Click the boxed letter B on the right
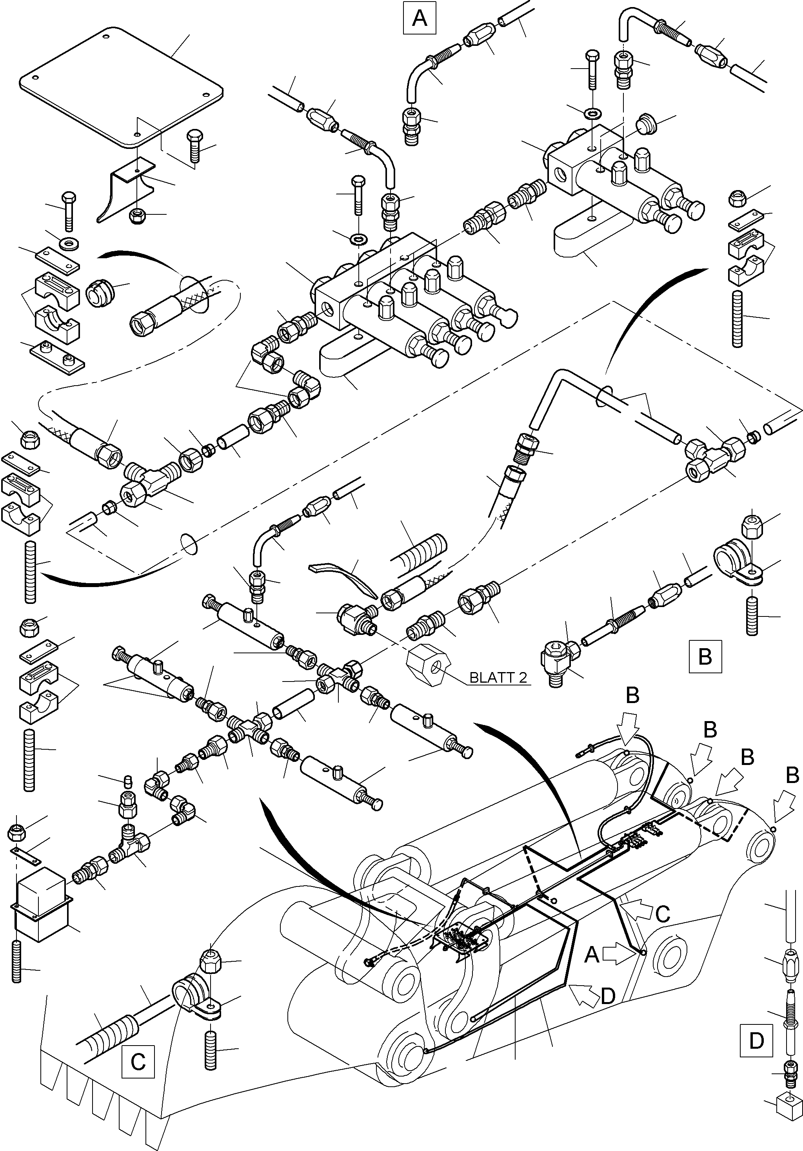coord(705,656)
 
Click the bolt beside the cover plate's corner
coord(194,147)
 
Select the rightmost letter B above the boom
coord(792,776)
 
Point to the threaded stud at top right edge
coord(738,318)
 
